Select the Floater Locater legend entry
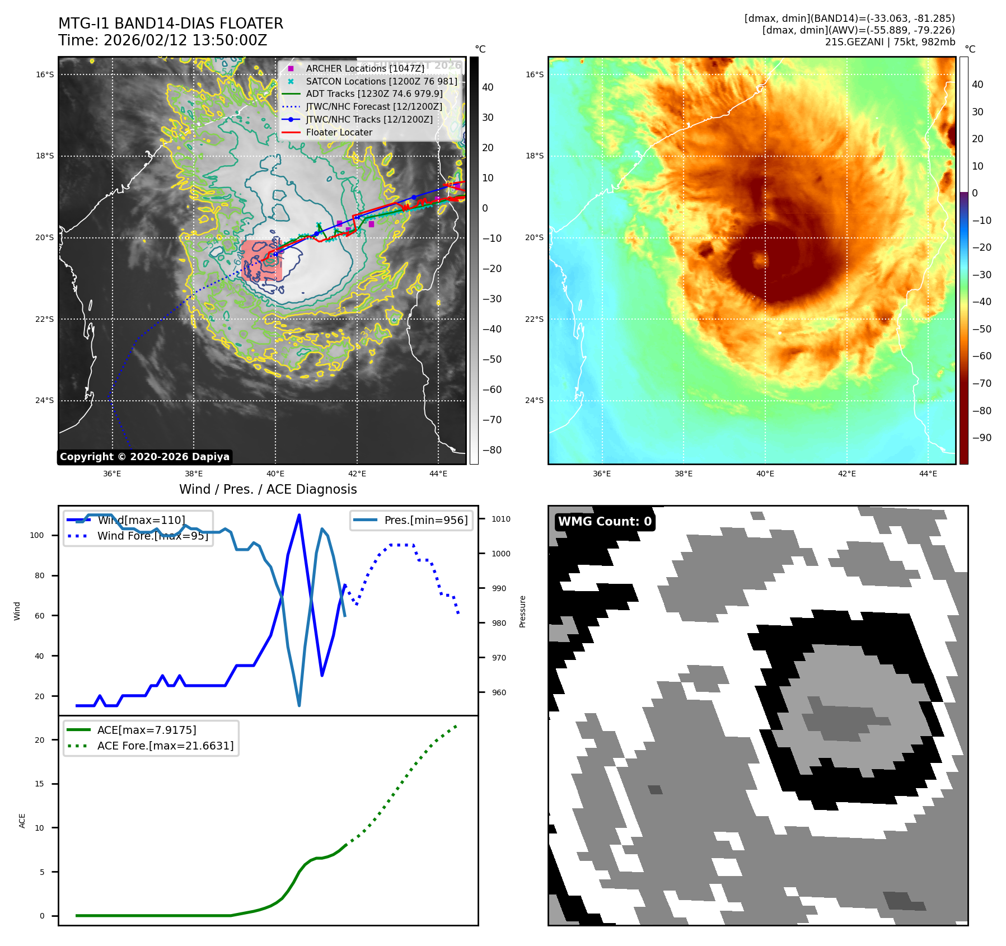tap(339, 132)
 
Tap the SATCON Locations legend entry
tap(381, 81)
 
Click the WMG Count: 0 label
tap(605, 522)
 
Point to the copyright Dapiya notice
tap(144, 457)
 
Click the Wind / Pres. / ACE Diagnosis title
tap(268, 489)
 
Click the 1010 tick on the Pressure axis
tap(501, 519)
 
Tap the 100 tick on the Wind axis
tap(37, 535)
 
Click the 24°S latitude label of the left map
tap(45, 400)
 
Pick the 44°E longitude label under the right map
tap(928, 474)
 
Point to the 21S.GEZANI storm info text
tap(890, 42)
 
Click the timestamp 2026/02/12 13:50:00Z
tap(185, 40)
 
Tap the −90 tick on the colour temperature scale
tap(981, 438)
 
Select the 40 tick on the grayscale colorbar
tap(488, 87)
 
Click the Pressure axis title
tap(522, 611)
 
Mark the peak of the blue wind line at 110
tap(299, 514)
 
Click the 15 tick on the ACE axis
tap(39, 784)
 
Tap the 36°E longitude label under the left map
tap(112, 474)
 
